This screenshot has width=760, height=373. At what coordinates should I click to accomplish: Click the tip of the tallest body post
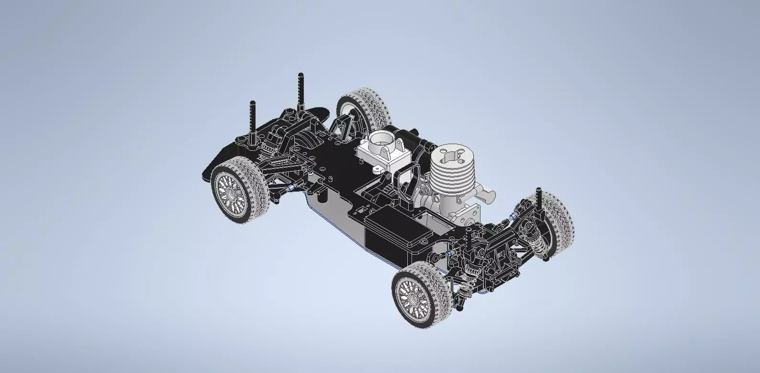point(301,75)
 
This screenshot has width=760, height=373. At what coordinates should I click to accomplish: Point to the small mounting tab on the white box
point(378,169)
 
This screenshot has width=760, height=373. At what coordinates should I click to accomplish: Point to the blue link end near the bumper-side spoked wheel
point(291,189)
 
